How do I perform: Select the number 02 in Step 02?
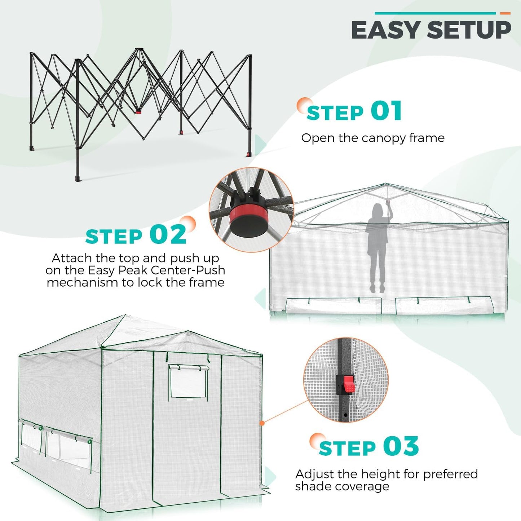coord(168,235)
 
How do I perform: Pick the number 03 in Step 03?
coord(401,446)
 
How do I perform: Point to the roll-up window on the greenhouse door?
coord(188,381)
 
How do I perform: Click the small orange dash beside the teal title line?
coord(505,13)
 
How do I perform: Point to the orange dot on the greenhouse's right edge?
coord(262,423)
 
